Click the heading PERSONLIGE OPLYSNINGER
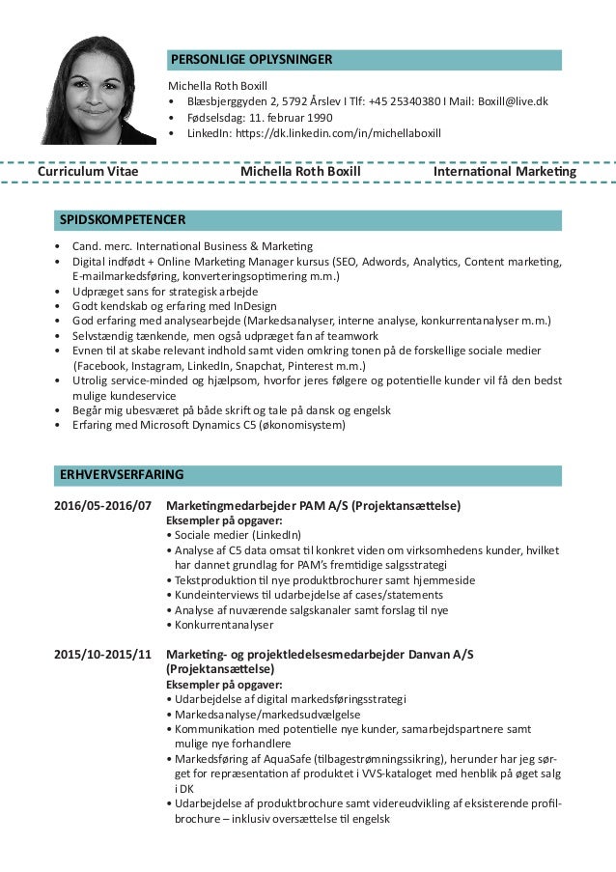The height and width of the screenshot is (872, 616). coord(251,60)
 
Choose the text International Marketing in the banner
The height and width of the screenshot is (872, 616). coord(505,172)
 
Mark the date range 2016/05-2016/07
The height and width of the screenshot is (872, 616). coord(102,505)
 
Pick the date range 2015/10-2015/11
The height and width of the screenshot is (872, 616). coord(102,654)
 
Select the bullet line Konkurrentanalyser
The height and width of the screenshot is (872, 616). coord(219,625)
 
